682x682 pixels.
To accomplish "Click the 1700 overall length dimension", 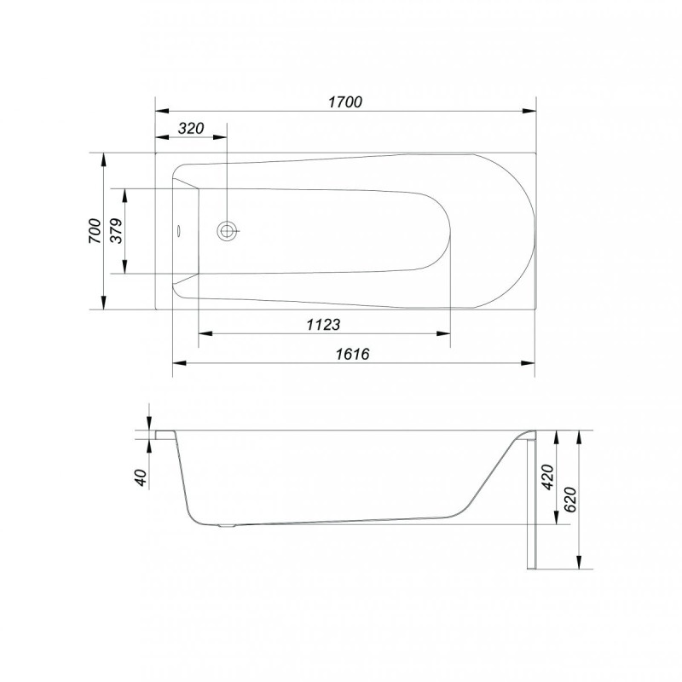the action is tap(345, 101).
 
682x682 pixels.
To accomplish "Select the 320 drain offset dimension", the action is tap(191, 129).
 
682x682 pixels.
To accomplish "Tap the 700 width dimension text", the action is tap(95, 231).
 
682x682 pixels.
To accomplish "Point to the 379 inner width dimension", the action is tap(116, 231).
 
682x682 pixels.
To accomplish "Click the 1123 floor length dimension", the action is tap(324, 325).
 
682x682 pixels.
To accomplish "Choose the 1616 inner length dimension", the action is tap(352, 354).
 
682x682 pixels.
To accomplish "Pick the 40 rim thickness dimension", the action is tap(142, 477).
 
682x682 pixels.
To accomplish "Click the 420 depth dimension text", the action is tap(547, 477).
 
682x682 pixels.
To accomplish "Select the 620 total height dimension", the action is tap(569, 500).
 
